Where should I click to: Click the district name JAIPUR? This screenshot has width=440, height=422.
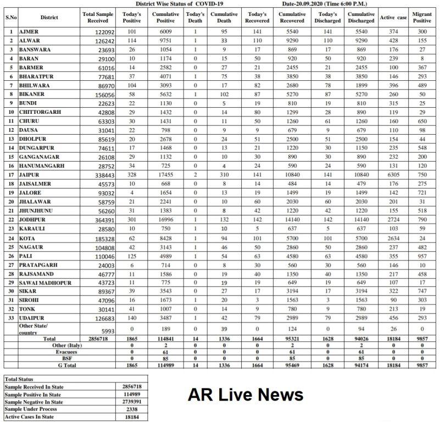click(x=31, y=173)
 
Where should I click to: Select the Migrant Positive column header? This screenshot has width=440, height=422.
click(x=422, y=17)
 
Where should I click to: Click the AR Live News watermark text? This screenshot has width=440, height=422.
click(x=246, y=395)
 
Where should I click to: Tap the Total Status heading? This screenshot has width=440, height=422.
click(x=20, y=379)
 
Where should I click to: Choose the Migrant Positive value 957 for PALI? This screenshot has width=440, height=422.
click(x=422, y=256)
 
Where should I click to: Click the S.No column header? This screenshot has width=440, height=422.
click(x=10, y=18)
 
